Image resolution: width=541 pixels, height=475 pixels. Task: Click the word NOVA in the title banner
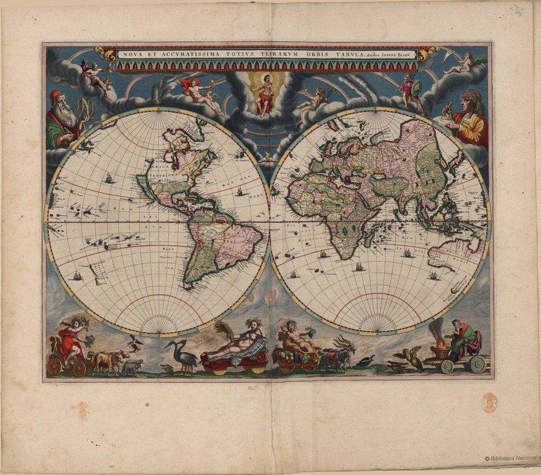(x=131, y=55)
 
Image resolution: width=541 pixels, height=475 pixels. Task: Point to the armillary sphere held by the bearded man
(x=85, y=110)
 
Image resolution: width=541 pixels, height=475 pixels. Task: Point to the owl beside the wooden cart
(x=415, y=358)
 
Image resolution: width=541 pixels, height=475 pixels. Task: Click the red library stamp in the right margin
(x=489, y=403)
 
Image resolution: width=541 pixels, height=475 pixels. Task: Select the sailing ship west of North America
(x=109, y=177)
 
